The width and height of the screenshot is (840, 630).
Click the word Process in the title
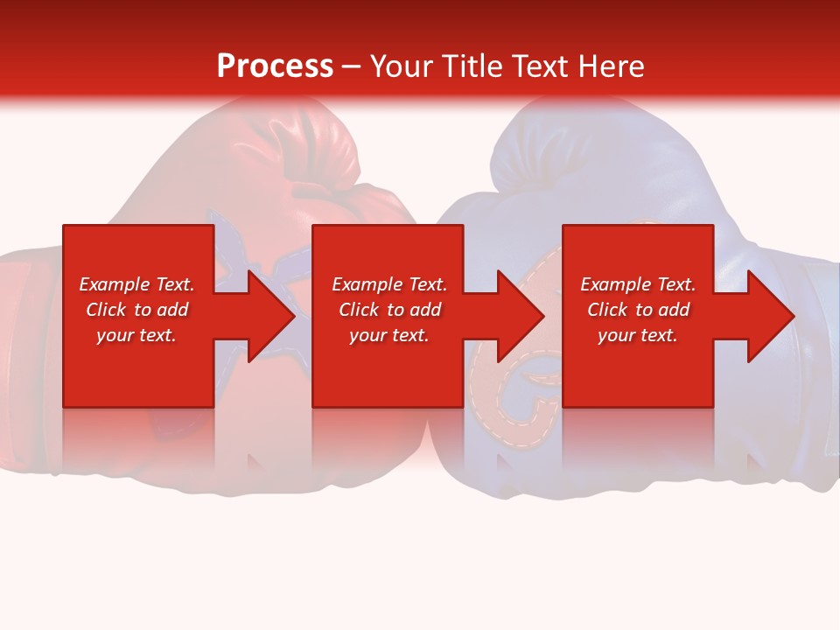[275, 66]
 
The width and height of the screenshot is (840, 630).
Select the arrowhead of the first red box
[266, 316]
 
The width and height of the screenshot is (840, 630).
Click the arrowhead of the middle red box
[516, 316]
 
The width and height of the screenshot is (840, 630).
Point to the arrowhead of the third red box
[766, 316]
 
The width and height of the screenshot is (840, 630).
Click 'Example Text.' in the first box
[136, 284]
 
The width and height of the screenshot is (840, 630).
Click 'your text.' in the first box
[136, 335]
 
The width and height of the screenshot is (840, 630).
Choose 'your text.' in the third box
[638, 335]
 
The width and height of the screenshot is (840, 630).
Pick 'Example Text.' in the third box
[638, 284]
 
